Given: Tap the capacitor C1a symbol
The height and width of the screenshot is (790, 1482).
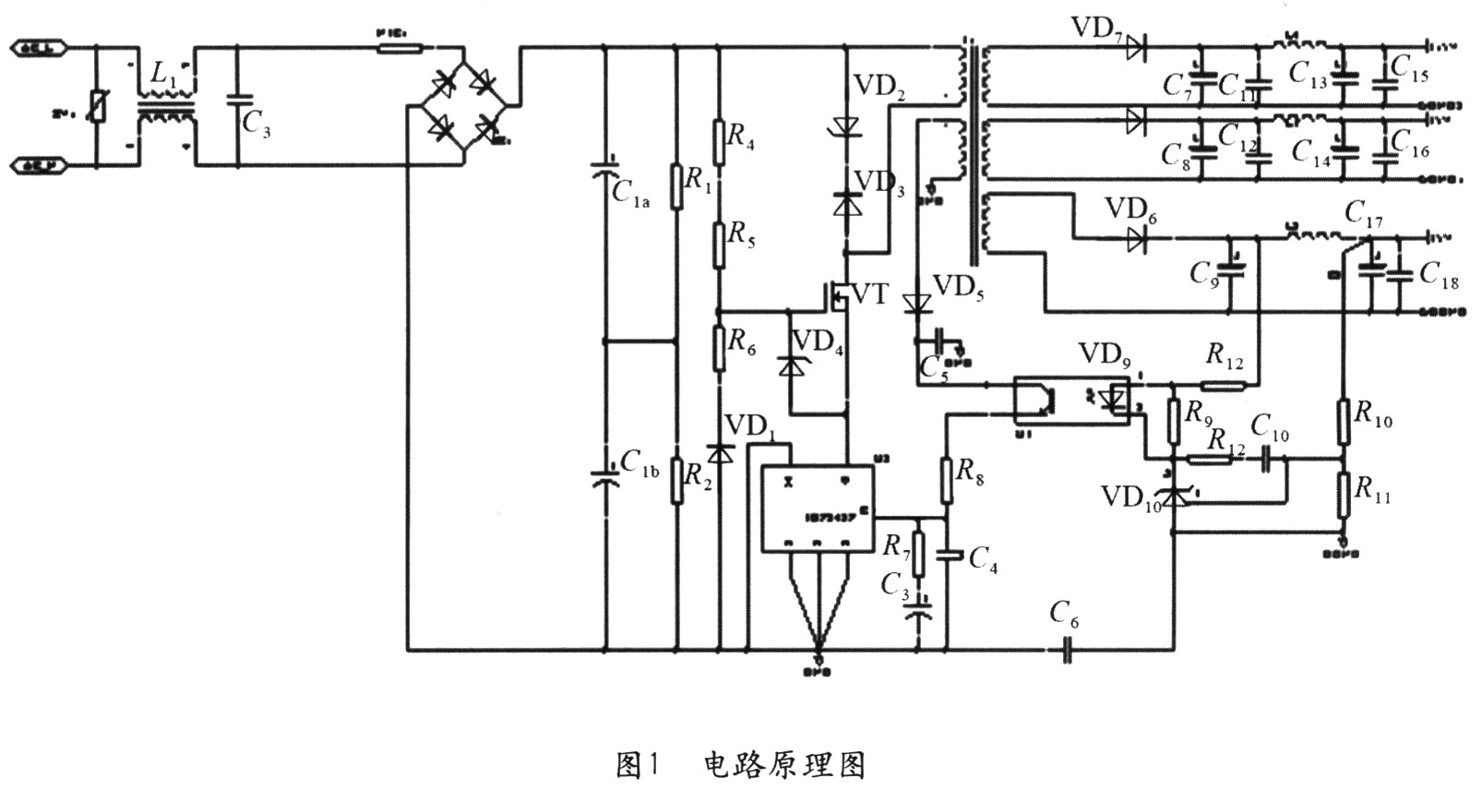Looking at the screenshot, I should click(605, 172).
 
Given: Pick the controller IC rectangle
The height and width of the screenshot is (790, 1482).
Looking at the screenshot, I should click(817, 509).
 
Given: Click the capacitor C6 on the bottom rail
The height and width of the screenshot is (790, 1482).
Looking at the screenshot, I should click(1068, 651).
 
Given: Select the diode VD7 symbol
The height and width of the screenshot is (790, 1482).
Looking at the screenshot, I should click(1136, 44).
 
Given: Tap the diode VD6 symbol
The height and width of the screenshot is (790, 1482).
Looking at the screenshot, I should click(1136, 240).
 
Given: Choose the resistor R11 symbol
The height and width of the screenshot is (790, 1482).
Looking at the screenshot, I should click(1344, 497).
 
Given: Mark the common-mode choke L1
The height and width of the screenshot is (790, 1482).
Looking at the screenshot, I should click(166, 105).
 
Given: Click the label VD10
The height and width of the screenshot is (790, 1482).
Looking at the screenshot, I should click(1129, 499).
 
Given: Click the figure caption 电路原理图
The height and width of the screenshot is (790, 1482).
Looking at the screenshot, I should click(784, 765).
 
